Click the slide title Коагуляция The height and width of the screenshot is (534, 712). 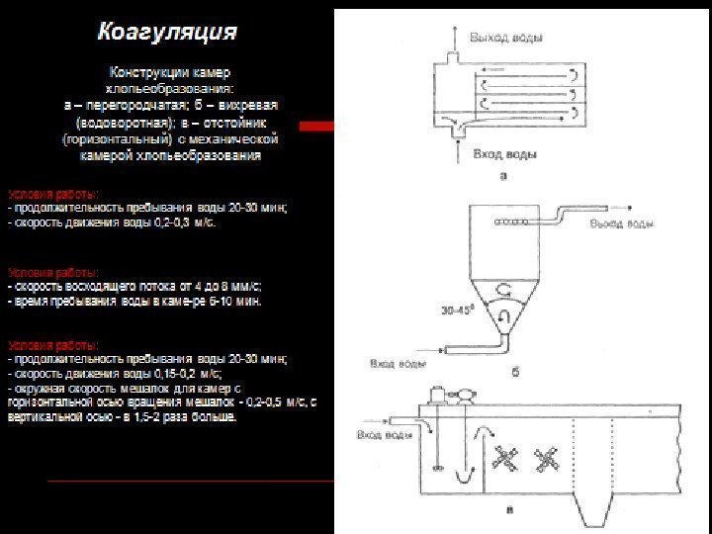pyautogui.click(x=166, y=33)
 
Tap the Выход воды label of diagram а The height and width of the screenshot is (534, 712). pyautogui.click(x=506, y=38)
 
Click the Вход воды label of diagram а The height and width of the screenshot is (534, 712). pyautogui.click(x=504, y=155)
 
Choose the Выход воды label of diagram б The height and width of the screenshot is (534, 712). pyautogui.click(x=622, y=224)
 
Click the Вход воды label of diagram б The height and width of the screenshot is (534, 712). pyautogui.click(x=399, y=364)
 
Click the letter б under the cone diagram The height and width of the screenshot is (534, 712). pyautogui.click(x=514, y=373)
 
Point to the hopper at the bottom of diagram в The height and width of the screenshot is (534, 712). pyautogui.click(x=587, y=509)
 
